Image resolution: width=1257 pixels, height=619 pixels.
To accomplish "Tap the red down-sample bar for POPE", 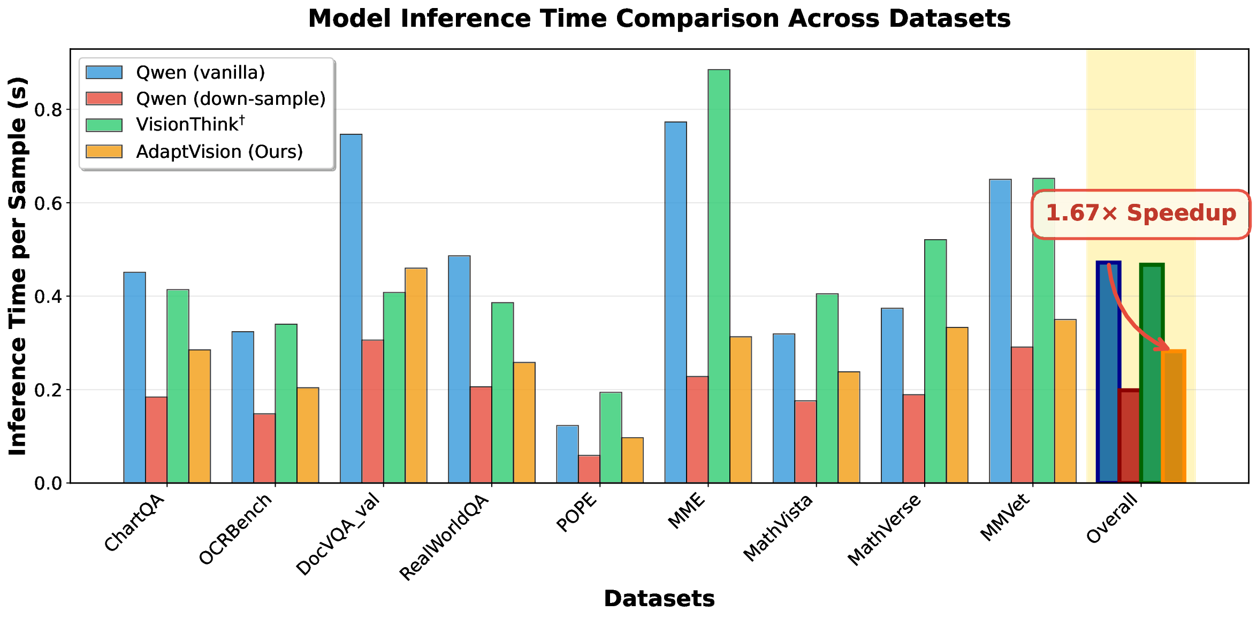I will click(589, 469).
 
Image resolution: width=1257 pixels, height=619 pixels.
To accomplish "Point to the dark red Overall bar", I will click(1129, 436).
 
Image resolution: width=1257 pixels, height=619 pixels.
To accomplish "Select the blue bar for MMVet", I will click(1000, 331).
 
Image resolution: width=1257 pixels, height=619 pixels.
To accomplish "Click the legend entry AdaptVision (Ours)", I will click(219, 152).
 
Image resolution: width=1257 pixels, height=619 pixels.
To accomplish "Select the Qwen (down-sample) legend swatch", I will click(104, 98).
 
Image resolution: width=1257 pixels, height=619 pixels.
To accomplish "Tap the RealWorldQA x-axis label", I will click(445, 537).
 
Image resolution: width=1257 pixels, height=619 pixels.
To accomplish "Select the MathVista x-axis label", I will click(779, 527).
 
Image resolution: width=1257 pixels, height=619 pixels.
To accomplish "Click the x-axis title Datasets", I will click(659, 599).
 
